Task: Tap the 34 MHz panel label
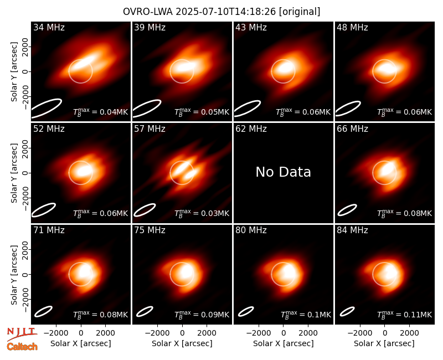coord(49,27)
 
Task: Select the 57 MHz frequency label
coord(150,129)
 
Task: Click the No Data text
coord(283,172)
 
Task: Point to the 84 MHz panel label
coord(352,230)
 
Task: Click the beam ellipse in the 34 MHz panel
coord(46,108)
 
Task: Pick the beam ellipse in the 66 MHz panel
coord(347,210)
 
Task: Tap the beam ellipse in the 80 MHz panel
coord(246,311)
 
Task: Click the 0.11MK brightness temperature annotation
coord(405,315)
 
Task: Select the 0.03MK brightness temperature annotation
coord(202,213)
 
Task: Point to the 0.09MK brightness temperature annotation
coord(202,315)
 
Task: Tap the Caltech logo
coord(22,347)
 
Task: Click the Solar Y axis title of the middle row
coord(14,173)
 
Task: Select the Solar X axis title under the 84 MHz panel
coord(384,343)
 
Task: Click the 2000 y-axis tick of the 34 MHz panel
coord(25,47)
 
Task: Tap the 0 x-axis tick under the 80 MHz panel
coord(284,333)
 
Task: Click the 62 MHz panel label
coord(251,129)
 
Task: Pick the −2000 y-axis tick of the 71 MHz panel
coord(25,300)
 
